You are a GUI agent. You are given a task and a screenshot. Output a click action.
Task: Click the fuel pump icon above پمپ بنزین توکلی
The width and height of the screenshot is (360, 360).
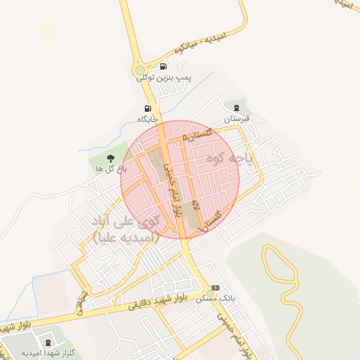164,67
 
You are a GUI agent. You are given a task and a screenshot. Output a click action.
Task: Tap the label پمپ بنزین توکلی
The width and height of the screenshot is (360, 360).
165,78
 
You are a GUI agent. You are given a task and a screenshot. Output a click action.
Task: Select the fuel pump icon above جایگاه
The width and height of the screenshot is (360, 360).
147,108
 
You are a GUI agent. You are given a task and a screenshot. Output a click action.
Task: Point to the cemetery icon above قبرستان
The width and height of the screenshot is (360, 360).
236,108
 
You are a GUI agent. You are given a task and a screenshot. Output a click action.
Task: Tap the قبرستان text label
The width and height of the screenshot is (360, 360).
237,119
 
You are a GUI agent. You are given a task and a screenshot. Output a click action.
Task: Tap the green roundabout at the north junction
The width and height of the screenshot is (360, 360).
141,70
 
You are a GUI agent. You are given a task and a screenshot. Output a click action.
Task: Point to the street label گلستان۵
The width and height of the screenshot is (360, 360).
196,134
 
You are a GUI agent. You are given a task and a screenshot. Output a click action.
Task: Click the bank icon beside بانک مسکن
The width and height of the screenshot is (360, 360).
215,288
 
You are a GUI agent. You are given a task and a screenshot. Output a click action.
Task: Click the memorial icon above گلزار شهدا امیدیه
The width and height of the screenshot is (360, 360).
48,342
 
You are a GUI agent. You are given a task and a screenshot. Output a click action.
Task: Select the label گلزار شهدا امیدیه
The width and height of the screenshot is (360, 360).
48,353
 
